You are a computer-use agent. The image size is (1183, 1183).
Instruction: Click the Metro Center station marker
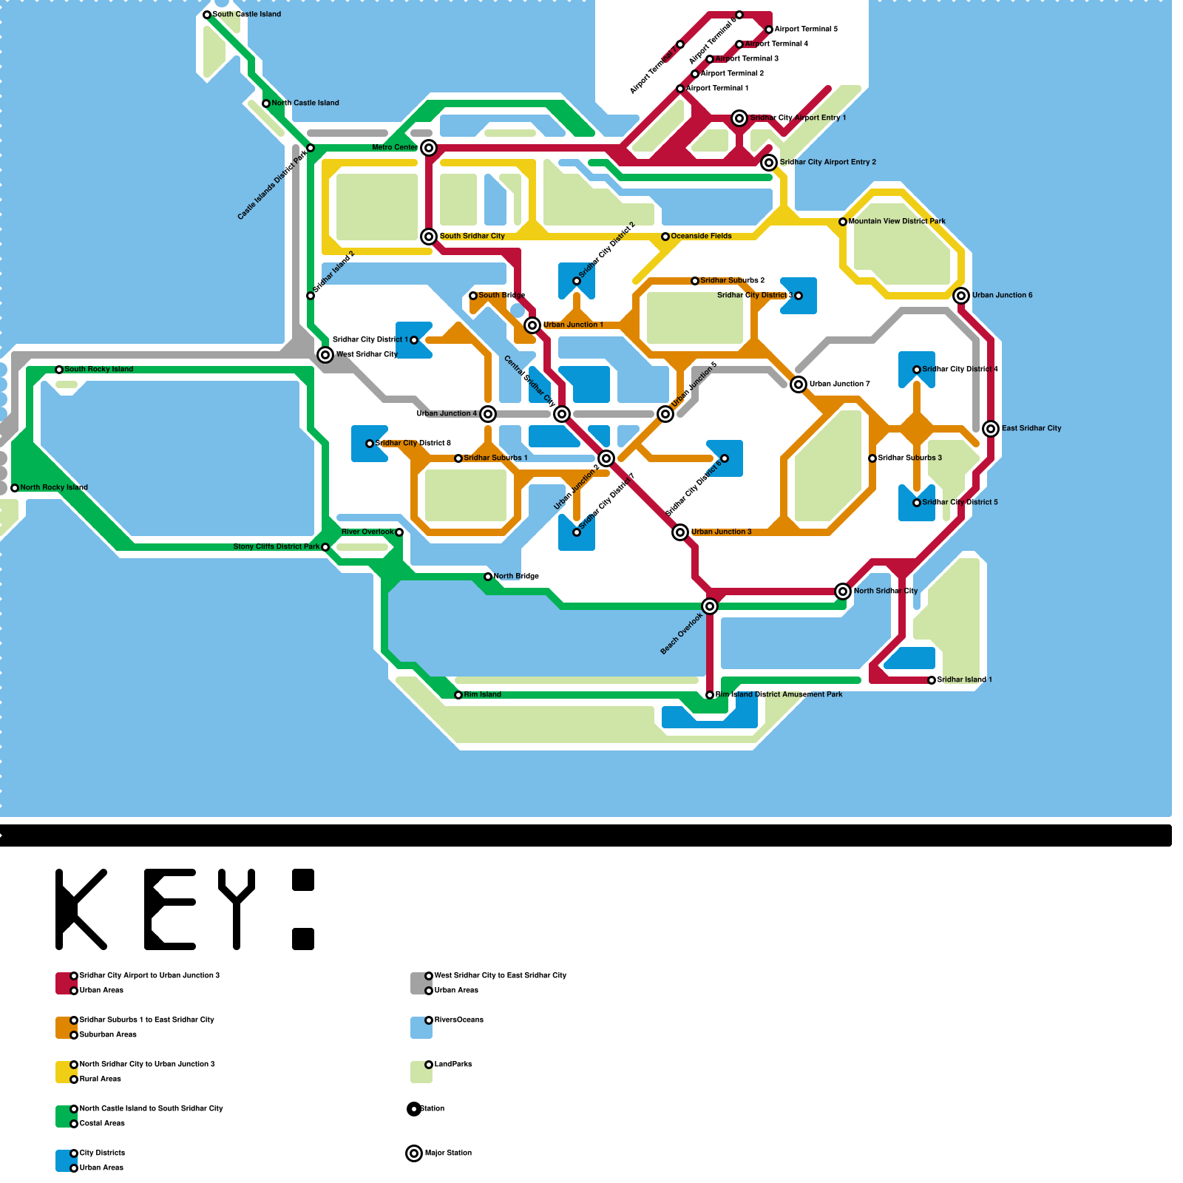429,148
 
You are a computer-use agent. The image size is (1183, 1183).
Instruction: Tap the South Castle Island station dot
207,15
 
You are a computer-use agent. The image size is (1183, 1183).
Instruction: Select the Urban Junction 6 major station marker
961,296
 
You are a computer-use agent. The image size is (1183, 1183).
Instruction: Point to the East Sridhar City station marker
991,429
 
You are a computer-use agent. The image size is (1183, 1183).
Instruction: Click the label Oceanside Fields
701,237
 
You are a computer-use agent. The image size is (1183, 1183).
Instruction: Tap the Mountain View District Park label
897,222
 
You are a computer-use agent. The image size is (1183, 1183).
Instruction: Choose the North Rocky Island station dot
15,488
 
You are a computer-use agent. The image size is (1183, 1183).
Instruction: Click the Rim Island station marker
458,695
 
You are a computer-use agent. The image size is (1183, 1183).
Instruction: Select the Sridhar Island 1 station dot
932,680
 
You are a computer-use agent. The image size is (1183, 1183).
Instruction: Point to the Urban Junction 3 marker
680,532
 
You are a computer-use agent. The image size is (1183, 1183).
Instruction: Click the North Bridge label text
516,577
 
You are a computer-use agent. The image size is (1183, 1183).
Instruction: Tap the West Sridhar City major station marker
325,355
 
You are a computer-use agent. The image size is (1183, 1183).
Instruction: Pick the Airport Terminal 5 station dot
769,30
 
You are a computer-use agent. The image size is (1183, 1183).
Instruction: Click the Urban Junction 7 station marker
799,384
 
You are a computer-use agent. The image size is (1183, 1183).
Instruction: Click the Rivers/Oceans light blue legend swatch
421,1028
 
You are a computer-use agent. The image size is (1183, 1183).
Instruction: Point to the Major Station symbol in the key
414,1153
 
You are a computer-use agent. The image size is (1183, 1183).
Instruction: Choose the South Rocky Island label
98,370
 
